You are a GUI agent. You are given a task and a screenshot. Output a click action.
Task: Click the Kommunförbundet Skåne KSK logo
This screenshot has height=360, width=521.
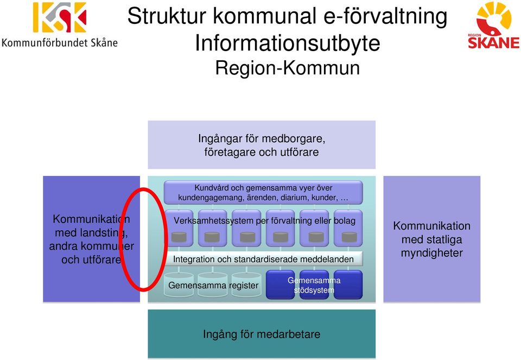[60, 24]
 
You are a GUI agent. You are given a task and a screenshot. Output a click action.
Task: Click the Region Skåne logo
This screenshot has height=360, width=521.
[493, 26]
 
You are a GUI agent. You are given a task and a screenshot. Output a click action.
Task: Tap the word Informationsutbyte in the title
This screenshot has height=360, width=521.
[288, 43]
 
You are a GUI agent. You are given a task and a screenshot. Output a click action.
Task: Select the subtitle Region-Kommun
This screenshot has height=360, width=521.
[288, 68]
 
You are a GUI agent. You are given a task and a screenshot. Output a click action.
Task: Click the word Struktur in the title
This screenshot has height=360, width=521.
[167, 16]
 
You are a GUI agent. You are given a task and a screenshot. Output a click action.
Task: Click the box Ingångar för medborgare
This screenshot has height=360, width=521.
[262, 145]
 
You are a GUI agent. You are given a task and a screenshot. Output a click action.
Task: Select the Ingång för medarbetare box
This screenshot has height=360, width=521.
[262, 334]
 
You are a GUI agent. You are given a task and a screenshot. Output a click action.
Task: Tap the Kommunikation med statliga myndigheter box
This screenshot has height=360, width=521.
[431, 239]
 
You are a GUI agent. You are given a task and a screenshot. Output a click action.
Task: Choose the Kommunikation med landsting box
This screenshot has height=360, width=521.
[91, 239]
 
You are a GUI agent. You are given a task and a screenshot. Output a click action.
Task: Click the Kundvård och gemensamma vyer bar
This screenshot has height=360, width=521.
[263, 192]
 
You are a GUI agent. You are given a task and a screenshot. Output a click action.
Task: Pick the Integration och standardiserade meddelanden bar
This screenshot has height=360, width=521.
[263, 259]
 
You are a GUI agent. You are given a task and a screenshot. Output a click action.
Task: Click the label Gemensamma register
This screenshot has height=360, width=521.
[213, 285]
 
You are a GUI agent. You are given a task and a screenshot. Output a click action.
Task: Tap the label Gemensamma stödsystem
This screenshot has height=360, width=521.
[314, 285]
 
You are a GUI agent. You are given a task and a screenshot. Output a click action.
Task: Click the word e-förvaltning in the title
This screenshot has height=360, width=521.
[385, 16]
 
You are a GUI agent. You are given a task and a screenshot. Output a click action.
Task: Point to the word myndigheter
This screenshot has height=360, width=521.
[431, 253]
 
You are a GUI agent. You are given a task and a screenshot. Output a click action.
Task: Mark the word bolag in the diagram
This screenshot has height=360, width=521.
[345, 220]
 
